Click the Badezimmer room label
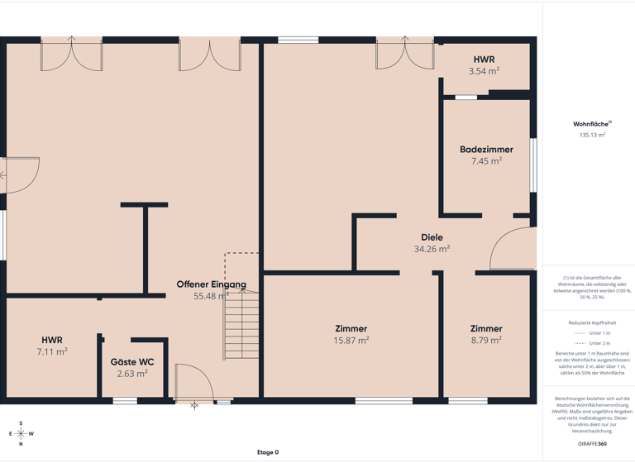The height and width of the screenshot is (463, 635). (486, 150)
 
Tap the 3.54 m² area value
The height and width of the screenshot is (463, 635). (484, 71)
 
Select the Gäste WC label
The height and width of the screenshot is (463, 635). (132, 362)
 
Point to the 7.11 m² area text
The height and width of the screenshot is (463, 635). (52, 351)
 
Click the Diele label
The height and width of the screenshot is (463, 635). (432, 237)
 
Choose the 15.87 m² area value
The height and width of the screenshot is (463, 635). (351, 340)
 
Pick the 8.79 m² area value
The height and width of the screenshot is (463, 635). (486, 340)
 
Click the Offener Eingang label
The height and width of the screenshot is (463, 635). (211, 284)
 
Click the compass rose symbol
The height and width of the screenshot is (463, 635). (21, 433)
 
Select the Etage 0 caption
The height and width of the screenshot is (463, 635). (268, 452)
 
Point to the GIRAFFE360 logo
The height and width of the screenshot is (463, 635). (592, 444)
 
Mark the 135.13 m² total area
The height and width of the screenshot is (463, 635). (592, 135)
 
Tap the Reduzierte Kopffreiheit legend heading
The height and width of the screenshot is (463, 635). (592, 322)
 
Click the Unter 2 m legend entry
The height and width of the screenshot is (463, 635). (592, 343)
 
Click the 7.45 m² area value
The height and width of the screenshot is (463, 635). (486, 161)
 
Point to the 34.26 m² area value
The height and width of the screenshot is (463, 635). (432, 248)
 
